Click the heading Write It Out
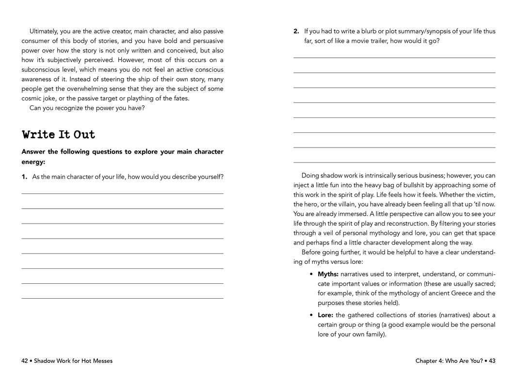pos(59,134)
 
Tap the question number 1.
pos(24,177)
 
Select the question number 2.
pos(296,32)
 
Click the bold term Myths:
pos(328,274)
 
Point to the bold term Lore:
pos(326,315)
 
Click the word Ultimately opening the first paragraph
pos(44,32)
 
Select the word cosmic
pos(32,98)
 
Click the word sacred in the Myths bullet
pos(483,284)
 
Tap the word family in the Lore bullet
pos(373,334)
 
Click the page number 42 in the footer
pos(25,361)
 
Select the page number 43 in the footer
pos(492,361)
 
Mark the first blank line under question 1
pos(122,194)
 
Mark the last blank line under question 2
pos(394,162)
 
